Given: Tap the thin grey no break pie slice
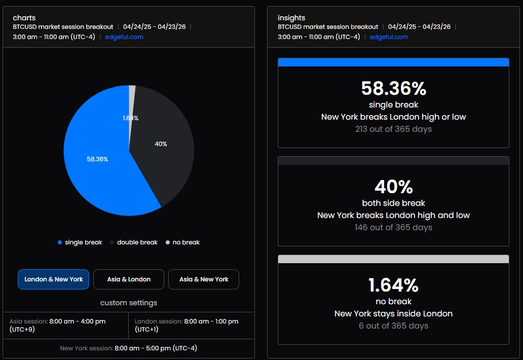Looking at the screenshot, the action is point(132,100).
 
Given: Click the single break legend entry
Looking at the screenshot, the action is point(80,242).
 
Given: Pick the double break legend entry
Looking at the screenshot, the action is point(134,242).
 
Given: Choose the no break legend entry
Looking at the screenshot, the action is point(182,242).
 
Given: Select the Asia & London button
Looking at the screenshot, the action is point(129,279).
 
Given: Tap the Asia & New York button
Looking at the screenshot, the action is point(204,279).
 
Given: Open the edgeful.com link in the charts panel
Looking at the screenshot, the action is point(124,37).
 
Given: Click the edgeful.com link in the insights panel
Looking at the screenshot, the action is point(389,37).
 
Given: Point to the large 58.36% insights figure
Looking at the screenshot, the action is point(394,88).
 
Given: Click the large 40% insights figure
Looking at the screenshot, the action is point(394,187).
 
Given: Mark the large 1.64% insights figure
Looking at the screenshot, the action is point(394,285).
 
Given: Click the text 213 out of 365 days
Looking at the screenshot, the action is point(394,129).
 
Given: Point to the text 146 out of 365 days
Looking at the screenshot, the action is point(394,228).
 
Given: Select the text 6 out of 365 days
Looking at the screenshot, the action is point(394,326).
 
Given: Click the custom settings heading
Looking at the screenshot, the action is point(129,303).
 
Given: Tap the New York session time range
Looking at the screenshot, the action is point(156,348).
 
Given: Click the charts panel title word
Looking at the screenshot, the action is point(24,18).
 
